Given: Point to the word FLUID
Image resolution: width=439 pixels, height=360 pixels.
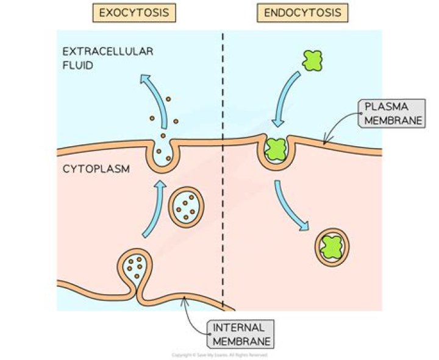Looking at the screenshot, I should [78, 64].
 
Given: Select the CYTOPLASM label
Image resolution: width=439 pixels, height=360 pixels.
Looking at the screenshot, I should [96, 169].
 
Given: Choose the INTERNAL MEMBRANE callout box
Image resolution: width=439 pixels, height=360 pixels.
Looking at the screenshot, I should [240, 334].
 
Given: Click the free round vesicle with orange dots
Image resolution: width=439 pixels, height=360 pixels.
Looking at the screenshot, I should [185, 208].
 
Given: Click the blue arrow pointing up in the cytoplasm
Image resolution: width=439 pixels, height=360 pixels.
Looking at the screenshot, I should [154, 207].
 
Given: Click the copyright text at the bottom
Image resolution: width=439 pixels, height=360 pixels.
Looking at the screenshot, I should [220, 355].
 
